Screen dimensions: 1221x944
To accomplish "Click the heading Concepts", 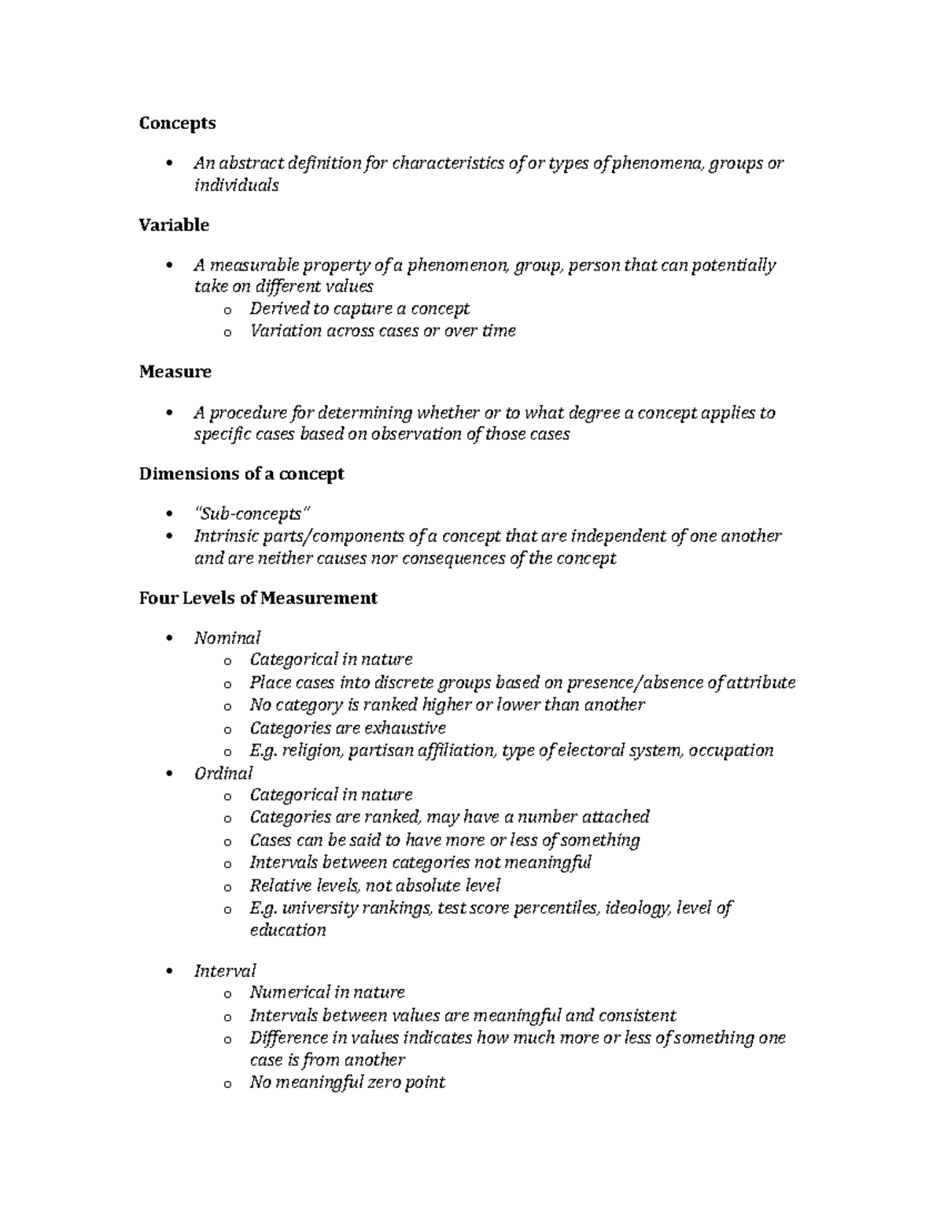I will (177, 123).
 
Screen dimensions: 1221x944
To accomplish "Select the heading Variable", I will (174, 225).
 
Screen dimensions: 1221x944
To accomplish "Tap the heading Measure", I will (175, 372).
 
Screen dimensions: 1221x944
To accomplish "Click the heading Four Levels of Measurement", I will (258, 598).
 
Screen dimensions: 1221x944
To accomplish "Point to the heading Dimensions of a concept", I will (242, 474).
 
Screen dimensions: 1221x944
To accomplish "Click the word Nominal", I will (227, 638).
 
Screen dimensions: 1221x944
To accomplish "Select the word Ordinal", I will (223, 773).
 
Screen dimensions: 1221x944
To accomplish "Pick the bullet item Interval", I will (225, 971).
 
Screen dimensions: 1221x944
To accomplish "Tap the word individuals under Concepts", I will (236, 186).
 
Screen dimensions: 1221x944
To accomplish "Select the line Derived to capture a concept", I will (360, 308).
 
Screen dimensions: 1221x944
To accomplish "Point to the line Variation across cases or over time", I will (382, 331).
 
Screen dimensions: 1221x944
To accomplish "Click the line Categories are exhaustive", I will (348, 728).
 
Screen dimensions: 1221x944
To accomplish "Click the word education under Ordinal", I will (287, 931).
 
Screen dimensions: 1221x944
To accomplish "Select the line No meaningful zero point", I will (347, 1083).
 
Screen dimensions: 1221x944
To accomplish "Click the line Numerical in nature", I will (327, 993).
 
